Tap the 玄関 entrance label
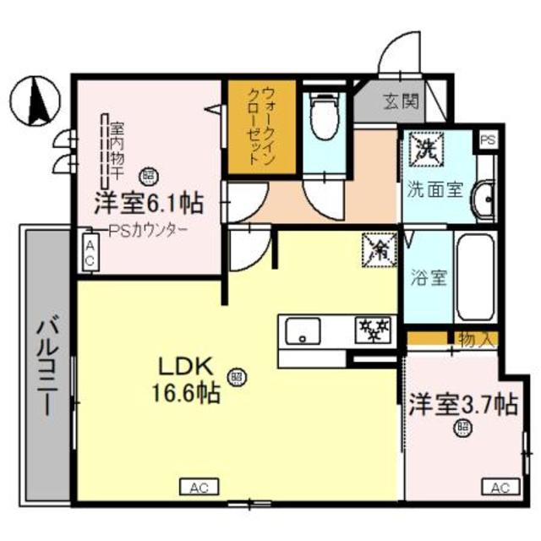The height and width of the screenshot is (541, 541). click(401, 103)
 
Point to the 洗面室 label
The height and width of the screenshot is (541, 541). click(435, 189)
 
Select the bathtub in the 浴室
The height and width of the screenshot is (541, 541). click(475, 277)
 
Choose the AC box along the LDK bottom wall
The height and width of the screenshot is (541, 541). click(199, 488)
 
